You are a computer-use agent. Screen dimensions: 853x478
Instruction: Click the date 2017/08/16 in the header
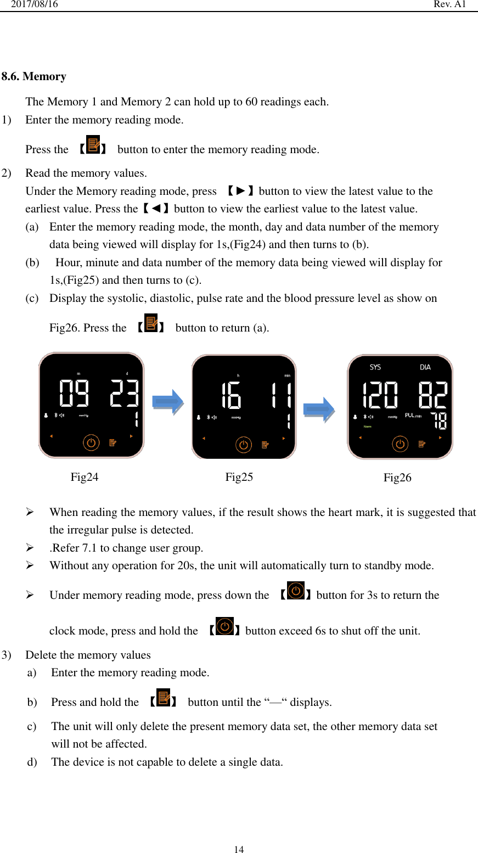coord(35,4)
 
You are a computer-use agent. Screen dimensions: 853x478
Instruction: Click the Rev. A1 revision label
coord(449,4)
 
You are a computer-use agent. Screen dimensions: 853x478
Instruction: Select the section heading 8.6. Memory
coord(34,76)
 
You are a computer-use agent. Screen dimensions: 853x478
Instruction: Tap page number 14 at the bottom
coord(239,849)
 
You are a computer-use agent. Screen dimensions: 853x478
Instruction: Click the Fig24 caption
coord(85,477)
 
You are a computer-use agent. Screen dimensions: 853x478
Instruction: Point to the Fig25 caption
coord(239,477)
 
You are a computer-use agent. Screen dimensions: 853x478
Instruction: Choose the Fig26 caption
coord(397,478)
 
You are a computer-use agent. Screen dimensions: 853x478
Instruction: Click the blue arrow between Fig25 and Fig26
coord(319,409)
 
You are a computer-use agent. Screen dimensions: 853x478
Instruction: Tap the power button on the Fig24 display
coord(91,442)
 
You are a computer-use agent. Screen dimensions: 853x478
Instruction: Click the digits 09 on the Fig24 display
coord(74,393)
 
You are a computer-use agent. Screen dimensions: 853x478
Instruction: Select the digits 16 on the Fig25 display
coord(231,395)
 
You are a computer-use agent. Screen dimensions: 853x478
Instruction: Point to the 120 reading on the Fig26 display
coord(380,395)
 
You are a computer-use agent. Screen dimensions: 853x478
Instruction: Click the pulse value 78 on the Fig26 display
coord(440,421)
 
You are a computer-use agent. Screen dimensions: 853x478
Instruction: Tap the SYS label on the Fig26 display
coord(375,367)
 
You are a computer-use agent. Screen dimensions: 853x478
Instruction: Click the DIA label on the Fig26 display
coord(425,367)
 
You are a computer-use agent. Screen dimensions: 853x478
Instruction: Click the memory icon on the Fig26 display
coord(423,444)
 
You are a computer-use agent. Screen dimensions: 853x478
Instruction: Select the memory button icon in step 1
coord(93,145)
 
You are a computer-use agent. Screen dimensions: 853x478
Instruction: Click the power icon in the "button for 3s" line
coord(296,591)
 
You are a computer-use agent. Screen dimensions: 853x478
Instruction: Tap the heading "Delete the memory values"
coord(88,655)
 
